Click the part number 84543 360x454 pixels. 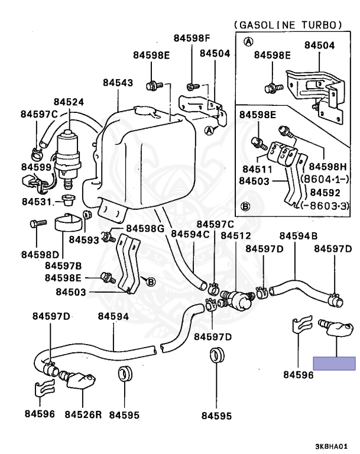coord(117,83)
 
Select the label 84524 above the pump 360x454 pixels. coord(68,102)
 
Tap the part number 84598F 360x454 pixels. coord(192,38)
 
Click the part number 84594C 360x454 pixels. coord(190,235)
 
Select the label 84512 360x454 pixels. coord(235,235)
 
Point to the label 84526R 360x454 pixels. coord(83,414)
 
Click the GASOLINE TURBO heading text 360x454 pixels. coord(288,25)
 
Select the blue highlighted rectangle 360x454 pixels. coord(335,364)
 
